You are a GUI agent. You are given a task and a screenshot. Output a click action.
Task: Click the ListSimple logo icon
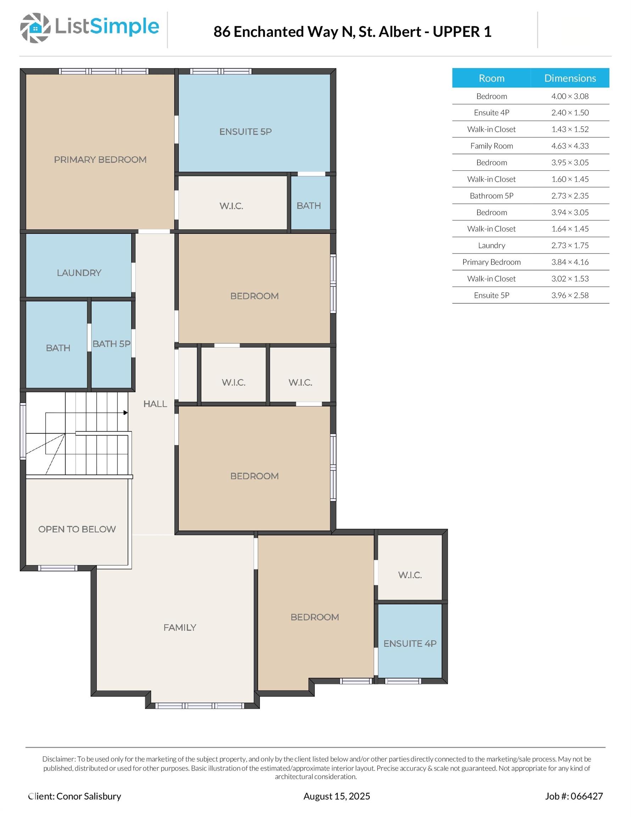[35, 28]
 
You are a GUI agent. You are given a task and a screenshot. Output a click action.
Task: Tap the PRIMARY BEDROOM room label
[100, 160]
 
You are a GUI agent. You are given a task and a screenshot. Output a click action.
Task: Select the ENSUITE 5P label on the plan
[245, 132]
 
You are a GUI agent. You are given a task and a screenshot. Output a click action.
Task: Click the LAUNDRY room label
[79, 273]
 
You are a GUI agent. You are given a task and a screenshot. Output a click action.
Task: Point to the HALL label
[155, 404]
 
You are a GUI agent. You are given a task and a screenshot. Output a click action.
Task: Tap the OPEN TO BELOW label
[77, 529]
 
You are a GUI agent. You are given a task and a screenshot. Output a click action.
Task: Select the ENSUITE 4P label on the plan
[410, 644]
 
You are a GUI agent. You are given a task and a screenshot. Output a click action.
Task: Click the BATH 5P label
[111, 344]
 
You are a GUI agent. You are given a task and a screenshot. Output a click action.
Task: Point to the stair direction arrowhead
[126, 413]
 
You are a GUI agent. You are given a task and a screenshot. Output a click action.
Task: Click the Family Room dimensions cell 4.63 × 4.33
[570, 146]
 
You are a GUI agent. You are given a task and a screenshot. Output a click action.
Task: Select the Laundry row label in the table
[491, 245]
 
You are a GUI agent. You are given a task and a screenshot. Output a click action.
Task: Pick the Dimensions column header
[570, 78]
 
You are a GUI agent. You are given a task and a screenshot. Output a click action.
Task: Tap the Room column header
[491, 78]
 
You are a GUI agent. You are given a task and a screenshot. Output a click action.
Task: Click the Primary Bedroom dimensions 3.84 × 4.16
[570, 262]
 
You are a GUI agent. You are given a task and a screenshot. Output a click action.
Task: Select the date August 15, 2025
[337, 796]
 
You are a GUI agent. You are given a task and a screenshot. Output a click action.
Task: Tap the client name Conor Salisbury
[89, 796]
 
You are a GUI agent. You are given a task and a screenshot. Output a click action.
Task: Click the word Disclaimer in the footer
[59, 759]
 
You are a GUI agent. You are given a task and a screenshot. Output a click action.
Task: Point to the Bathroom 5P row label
[491, 196]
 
